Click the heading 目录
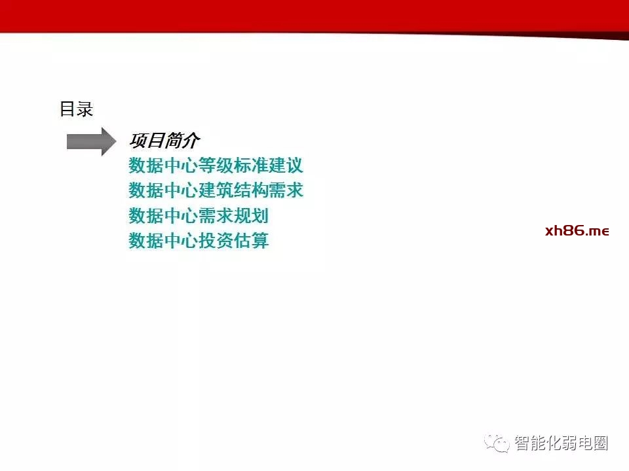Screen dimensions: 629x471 pyautogui.click(x=76, y=109)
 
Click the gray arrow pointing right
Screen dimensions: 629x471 pyautogui.click(x=92, y=142)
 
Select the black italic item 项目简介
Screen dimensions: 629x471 pyautogui.click(x=164, y=140)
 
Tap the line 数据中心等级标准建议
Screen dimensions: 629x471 pyautogui.click(x=216, y=166)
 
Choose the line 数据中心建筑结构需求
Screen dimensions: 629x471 pyautogui.click(x=216, y=190)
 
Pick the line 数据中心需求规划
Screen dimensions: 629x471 pyautogui.click(x=199, y=215)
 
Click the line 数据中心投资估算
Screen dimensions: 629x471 pyautogui.click(x=199, y=240)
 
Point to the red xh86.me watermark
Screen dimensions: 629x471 pyautogui.click(x=577, y=231)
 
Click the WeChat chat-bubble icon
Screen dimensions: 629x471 pyautogui.click(x=497, y=443)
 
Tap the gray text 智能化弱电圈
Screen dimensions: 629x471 pyautogui.click(x=562, y=443)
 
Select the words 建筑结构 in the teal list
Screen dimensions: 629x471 pyautogui.click(x=233, y=190)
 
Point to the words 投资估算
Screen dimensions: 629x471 pyautogui.click(x=233, y=240)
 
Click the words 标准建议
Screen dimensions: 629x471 pyautogui.click(x=269, y=166)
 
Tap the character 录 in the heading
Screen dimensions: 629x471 pyautogui.click(x=85, y=109)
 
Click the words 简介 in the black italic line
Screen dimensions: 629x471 pyautogui.click(x=183, y=140)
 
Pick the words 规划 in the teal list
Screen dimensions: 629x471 pyautogui.click(x=251, y=215)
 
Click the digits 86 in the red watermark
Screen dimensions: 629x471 pyautogui.click(x=573, y=230)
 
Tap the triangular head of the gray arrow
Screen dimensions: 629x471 pyautogui.click(x=107, y=142)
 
